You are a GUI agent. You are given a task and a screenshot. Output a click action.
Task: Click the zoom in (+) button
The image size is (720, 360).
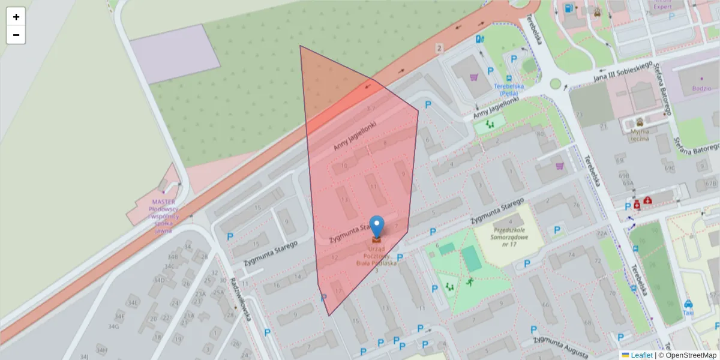pos(16,17)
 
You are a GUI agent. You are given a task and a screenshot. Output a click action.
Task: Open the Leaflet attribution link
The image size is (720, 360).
pos(641,355)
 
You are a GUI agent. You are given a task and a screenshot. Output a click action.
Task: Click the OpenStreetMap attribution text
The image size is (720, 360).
pos(687,355)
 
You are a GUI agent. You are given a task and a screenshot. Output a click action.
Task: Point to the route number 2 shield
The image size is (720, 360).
pos(440,47)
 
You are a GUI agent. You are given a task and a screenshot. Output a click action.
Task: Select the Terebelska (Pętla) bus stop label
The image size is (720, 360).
pos(509,89)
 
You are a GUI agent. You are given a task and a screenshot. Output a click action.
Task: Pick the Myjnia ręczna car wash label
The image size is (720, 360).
pos(640,134)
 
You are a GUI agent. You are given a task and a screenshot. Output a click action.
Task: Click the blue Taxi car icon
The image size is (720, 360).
pos(688,304)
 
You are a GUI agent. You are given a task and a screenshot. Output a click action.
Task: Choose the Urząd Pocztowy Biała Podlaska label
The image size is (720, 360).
pos(376,256)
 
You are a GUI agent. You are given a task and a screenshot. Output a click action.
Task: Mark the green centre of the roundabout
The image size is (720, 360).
pos(555,84)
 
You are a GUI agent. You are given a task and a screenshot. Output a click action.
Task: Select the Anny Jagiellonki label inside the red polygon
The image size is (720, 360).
pos(355,137)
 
